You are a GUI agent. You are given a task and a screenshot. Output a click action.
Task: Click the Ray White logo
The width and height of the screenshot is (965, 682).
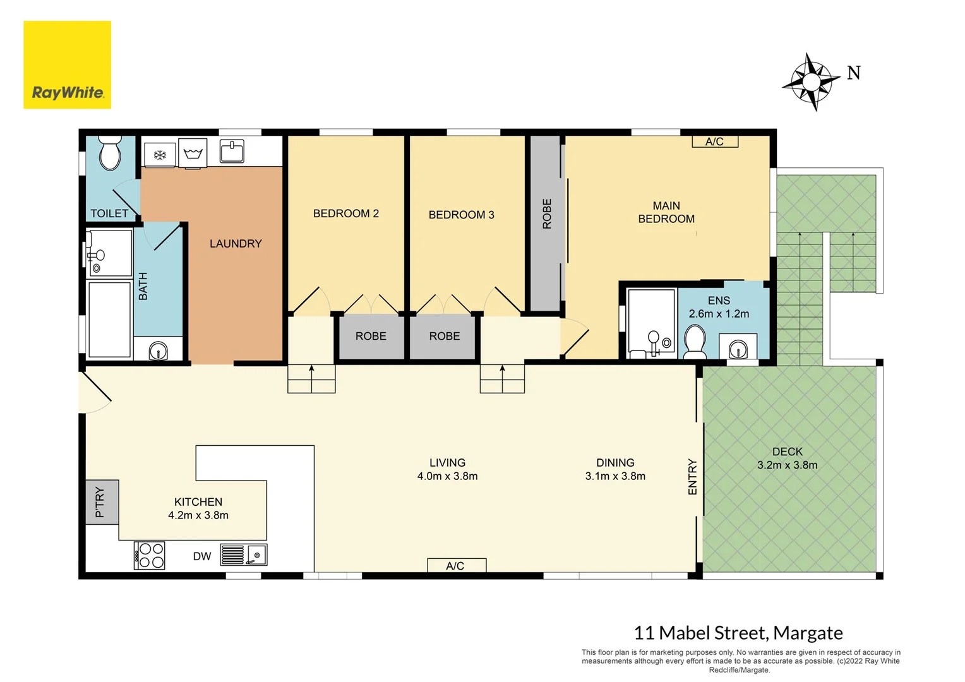pyautogui.click(x=68, y=65)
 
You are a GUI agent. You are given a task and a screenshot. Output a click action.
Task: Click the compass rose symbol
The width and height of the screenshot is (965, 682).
pyautogui.click(x=811, y=82)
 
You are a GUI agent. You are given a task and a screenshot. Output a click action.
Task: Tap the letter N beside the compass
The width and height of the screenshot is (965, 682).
pyautogui.click(x=854, y=73)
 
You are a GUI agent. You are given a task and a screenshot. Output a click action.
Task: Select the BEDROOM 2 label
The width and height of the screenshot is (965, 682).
pyautogui.click(x=346, y=213)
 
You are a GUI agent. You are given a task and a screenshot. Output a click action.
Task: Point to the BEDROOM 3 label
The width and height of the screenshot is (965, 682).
pyautogui.click(x=461, y=215)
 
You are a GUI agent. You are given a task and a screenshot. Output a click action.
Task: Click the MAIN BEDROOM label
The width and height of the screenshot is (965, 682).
pyautogui.click(x=666, y=212)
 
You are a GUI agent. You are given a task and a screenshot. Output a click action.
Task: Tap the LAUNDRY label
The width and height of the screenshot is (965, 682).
pyautogui.click(x=236, y=244)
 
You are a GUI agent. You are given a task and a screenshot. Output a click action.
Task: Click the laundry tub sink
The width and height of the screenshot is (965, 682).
pyautogui.click(x=232, y=152)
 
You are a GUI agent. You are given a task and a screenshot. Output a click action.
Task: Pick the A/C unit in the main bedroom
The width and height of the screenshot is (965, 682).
pyautogui.click(x=715, y=141)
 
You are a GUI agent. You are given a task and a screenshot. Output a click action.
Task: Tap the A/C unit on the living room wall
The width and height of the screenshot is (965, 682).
pyautogui.click(x=456, y=565)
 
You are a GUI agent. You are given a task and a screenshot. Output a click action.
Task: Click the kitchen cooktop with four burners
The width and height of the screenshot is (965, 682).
pyautogui.click(x=150, y=556)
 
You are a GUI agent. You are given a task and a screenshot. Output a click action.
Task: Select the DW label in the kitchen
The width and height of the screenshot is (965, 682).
pyautogui.click(x=202, y=556)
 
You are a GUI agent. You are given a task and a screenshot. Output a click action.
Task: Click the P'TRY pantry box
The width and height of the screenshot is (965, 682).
pyautogui.click(x=102, y=502)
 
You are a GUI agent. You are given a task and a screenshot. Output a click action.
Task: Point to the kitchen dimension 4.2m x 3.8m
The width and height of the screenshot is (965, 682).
pyautogui.click(x=198, y=515)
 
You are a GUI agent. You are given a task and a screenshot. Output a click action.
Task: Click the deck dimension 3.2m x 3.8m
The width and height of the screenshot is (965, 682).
pyautogui.click(x=787, y=465)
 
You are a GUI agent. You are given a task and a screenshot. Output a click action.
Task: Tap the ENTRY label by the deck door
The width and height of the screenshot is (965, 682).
pyautogui.click(x=692, y=477)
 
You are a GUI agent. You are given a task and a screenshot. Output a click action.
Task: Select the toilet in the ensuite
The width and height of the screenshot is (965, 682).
pyautogui.click(x=695, y=341)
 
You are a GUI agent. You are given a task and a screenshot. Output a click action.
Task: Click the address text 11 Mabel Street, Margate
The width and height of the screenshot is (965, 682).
pyautogui.click(x=738, y=633)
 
